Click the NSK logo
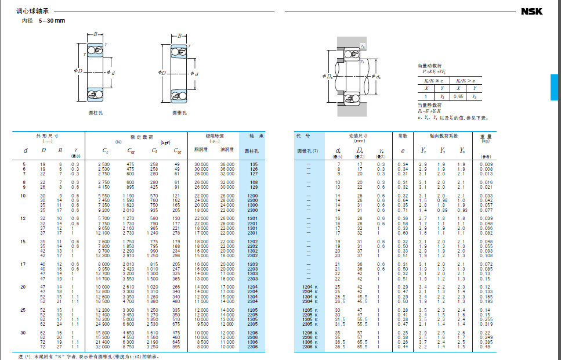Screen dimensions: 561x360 click(x=531, y=12)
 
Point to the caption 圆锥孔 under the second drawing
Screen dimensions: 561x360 click(x=179, y=112)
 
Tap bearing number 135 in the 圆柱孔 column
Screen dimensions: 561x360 click(x=253, y=164)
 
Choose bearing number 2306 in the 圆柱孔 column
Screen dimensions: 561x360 click(x=253, y=347)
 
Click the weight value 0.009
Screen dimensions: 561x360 click(x=486, y=164)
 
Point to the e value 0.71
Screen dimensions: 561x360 click(x=403, y=210)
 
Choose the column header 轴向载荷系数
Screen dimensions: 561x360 click(x=444, y=136)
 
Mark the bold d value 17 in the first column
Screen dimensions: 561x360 click(x=25, y=265)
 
